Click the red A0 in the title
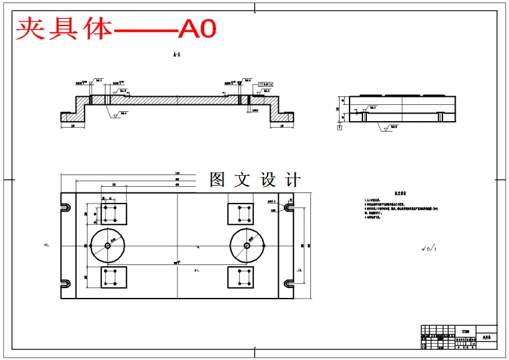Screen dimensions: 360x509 pyautogui.click(x=197, y=29)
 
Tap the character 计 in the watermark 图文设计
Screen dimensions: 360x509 pyautogui.click(x=292, y=180)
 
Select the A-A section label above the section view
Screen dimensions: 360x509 pyautogui.click(x=176, y=55)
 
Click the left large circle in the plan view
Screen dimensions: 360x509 pyautogui.click(x=108, y=245)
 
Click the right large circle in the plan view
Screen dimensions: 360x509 pyautogui.click(x=247, y=245)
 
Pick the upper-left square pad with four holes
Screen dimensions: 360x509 pyautogui.click(x=113, y=214)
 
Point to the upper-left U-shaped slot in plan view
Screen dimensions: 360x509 pyautogui.click(x=65, y=207)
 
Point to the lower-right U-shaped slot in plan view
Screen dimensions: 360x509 pyautogui.click(x=289, y=284)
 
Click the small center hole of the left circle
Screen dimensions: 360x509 pyautogui.click(x=108, y=245)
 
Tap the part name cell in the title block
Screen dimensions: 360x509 pyautogui.click(x=486, y=338)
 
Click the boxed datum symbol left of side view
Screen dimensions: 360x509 pyautogui.click(x=339, y=127)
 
